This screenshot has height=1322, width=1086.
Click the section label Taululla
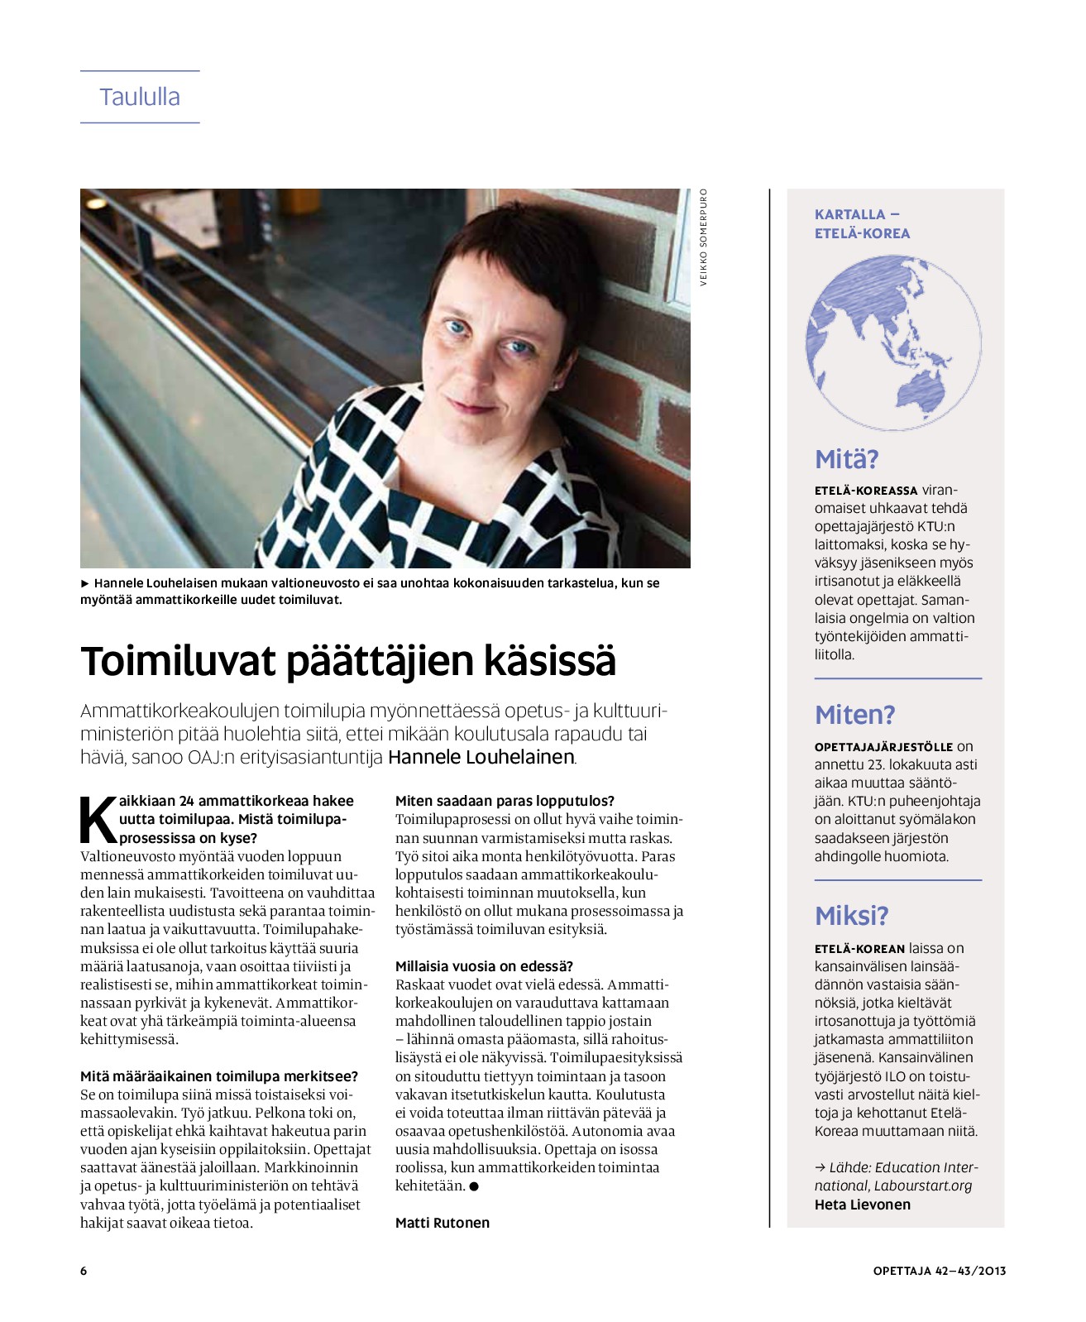[140, 97]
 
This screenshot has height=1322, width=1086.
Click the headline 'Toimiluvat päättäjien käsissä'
[348, 661]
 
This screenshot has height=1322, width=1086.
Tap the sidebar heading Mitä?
[846, 459]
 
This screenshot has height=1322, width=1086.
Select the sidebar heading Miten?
[854, 715]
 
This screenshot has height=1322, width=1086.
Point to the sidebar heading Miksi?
[851, 916]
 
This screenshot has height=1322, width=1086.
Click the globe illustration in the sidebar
[893, 342]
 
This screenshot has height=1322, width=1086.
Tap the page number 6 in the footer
[84, 1271]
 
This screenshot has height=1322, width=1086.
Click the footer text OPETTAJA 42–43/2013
[939, 1271]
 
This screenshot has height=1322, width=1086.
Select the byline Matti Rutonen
[442, 1223]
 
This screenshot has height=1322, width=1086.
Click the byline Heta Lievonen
[862, 1205]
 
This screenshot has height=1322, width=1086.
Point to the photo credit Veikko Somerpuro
[704, 237]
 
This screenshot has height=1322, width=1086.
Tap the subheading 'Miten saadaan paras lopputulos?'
[505, 801]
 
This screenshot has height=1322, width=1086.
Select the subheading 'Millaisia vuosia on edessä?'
[484, 966]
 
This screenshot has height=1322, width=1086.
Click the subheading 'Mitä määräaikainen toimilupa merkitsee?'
[219, 1076]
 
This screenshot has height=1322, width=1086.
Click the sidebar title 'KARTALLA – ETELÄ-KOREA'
[862, 224]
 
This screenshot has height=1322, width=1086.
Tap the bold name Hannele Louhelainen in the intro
[481, 757]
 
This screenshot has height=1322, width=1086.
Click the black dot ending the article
[474, 1186]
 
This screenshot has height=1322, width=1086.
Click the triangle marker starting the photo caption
[84, 583]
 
